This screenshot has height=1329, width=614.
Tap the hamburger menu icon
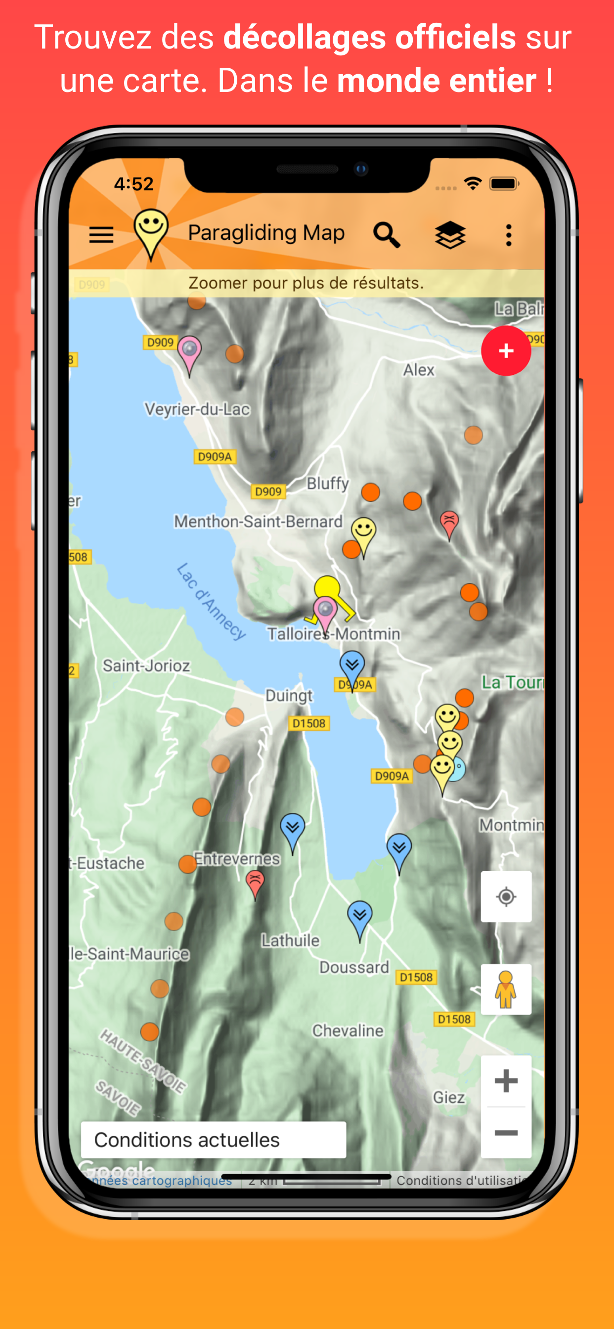(x=101, y=235)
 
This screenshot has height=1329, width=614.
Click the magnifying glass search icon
(x=387, y=235)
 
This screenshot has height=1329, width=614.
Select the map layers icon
(x=450, y=235)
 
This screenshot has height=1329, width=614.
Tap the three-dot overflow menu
(x=509, y=235)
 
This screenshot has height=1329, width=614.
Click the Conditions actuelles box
(x=213, y=1140)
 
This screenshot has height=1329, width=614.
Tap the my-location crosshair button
(x=506, y=897)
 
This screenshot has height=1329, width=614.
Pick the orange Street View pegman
(x=506, y=989)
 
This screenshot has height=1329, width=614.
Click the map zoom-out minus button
(x=506, y=1133)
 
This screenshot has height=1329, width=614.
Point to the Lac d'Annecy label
(x=211, y=602)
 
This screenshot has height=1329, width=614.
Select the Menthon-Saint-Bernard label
(x=258, y=522)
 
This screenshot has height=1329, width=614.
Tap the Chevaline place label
(x=348, y=1031)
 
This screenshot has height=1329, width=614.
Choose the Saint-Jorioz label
(x=146, y=665)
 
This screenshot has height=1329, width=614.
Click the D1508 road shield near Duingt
(x=308, y=723)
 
